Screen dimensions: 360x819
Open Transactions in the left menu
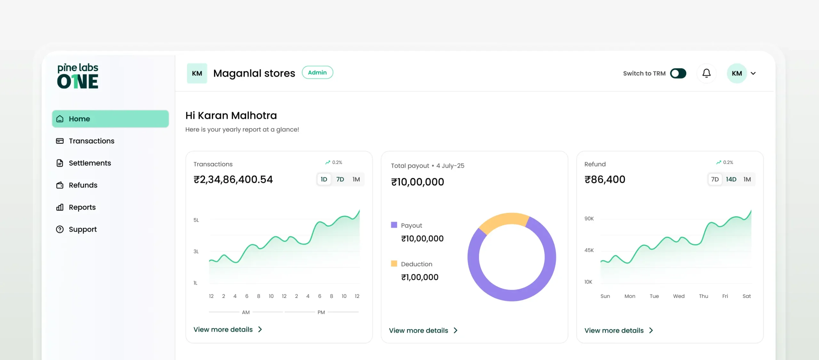tap(91, 141)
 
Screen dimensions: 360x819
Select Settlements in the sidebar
tap(90, 163)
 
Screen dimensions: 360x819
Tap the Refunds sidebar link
tap(83, 185)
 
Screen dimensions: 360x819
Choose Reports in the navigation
tap(82, 207)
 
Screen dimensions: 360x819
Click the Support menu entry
tap(83, 229)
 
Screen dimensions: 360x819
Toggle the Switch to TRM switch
tap(678, 73)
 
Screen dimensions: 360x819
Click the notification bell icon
tap(706, 73)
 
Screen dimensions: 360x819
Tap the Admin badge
tap(317, 73)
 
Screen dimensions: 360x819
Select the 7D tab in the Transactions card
tap(340, 180)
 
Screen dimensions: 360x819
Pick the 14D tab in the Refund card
tap(731, 180)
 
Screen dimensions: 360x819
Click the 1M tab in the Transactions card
tap(356, 180)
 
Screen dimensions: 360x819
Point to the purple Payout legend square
tap(394, 225)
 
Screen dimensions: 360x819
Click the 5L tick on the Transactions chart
tap(196, 220)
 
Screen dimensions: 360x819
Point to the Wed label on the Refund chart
tap(679, 296)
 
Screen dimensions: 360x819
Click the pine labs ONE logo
tap(78, 76)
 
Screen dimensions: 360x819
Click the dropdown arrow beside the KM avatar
tap(753, 73)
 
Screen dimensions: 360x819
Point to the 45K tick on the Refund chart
tap(589, 250)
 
